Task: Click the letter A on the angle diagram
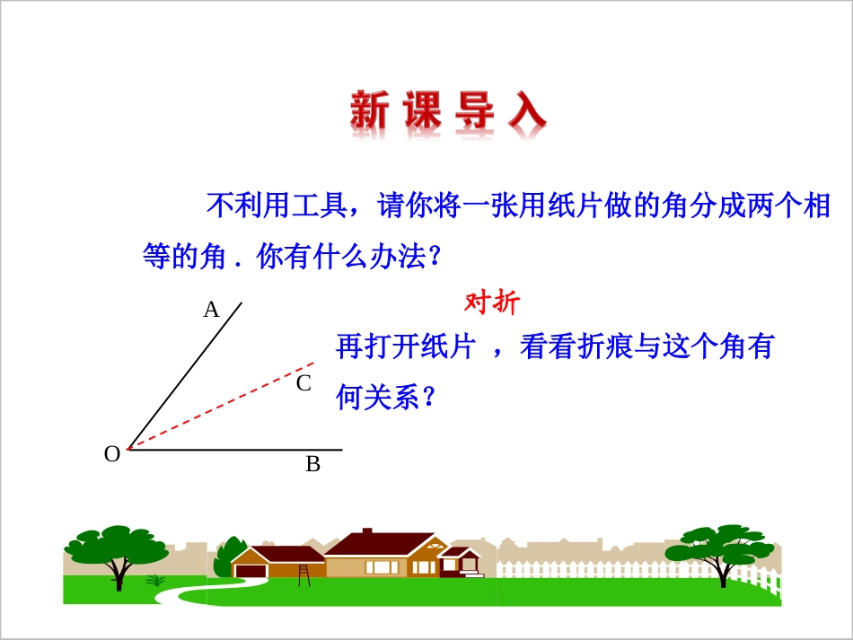211,311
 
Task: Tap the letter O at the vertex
112,455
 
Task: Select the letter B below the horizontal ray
312,465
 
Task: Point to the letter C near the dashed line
303,384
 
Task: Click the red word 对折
491,302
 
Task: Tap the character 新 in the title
369,112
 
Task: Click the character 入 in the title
526,112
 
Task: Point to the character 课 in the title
422,112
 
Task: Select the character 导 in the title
474,112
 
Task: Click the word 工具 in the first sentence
317,207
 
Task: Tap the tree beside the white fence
723,549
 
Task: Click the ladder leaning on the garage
304,574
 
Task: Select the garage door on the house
251,571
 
